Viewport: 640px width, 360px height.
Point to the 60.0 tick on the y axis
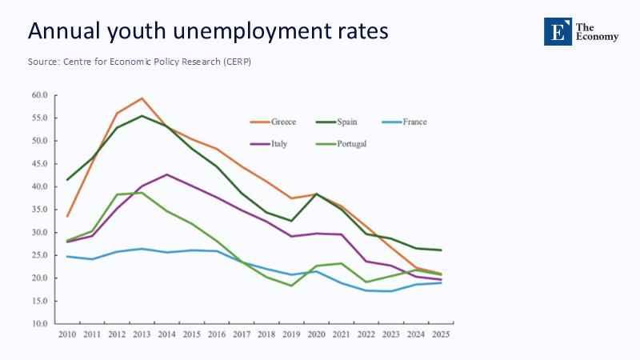point(39,95)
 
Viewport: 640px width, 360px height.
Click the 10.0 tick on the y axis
point(39,324)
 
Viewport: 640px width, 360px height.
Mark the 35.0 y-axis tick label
point(39,210)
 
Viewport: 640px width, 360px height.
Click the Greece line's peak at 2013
point(142,98)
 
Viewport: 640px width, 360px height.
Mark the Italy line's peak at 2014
point(166,174)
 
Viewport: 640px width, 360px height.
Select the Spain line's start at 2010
point(67,180)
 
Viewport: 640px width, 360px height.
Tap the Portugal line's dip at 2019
point(291,286)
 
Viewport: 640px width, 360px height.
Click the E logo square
point(557,30)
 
